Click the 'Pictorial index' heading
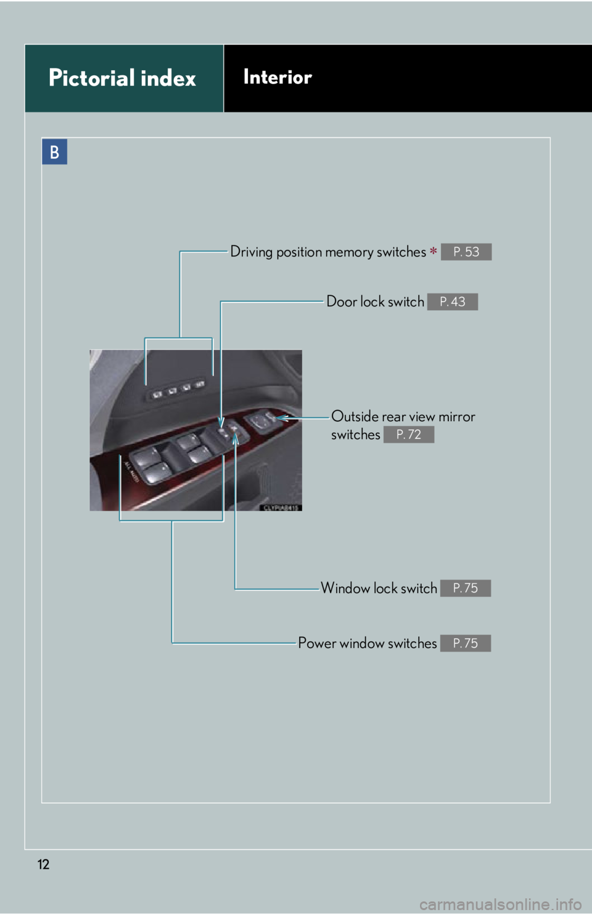[x=122, y=78]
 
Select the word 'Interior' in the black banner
[x=277, y=77]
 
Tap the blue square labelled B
[x=54, y=152]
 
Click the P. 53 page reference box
[x=466, y=252]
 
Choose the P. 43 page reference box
[x=452, y=302]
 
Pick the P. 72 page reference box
[x=409, y=434]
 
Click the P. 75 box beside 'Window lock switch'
[x=466, y=588]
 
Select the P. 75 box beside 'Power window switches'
[x=466, y=643]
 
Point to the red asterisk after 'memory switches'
[x=433, y=251]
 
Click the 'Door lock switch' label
[x=375, y=302]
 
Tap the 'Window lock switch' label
[x=379, y=588]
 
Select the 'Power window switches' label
[x=368, y=643]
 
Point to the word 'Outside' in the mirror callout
[x=355, y=416]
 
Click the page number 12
[x=43, y=864]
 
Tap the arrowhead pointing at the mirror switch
[x=282, y=418]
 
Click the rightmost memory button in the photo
[x=199, y=384]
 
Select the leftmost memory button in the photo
[x=157, y=395]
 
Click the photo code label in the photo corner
[x=281, y=507]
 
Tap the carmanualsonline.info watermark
[x=501, y=905]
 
